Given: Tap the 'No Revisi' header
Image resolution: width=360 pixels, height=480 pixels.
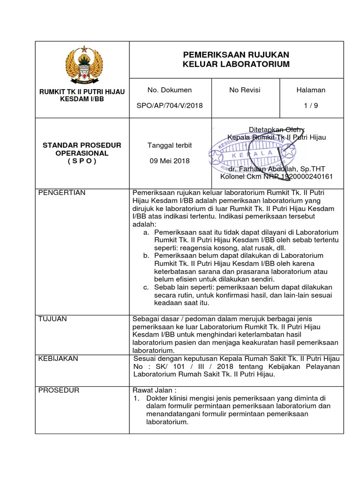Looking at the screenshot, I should point(245,90).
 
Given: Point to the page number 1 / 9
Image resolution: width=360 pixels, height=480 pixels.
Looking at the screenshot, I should point(310,105).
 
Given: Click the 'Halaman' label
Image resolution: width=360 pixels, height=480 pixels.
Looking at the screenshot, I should point(310,90).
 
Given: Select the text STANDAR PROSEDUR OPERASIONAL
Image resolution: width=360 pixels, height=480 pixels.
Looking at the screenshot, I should point(82,149).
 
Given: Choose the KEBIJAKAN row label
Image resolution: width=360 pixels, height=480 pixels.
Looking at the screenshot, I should point(59,359).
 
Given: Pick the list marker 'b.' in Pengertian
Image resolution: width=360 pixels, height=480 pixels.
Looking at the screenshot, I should point(146,255).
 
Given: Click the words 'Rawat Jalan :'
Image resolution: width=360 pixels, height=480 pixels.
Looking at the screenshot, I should point(154,390).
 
